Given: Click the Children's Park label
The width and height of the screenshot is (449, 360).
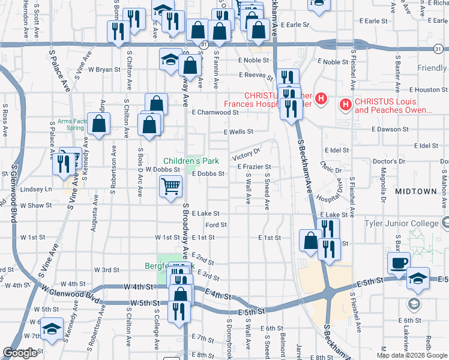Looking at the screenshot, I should (191, 161).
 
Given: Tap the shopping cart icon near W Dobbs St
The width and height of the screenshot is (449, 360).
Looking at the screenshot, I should (170, 187).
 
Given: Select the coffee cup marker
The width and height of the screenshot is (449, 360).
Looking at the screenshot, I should (399, 263).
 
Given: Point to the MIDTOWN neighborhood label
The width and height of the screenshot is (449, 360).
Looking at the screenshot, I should (416, 191).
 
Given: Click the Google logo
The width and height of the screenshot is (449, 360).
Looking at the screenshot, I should (20, 353).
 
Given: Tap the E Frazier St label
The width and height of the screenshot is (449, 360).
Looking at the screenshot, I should (255, 167).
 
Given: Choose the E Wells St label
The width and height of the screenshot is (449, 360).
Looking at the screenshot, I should (238, 131).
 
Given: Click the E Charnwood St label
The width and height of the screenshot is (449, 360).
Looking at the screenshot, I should (215, 112).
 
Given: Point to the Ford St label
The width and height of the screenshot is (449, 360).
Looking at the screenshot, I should (216, 225).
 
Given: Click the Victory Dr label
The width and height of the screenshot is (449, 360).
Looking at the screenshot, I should (247, 152).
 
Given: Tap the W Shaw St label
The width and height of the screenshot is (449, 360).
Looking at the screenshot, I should (36, 205).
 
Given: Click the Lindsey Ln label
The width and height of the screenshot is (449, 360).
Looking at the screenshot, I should (36, 189).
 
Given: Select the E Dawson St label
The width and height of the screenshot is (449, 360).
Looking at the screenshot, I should (390, 129).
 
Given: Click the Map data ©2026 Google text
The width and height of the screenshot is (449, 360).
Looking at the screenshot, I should (411, 355).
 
